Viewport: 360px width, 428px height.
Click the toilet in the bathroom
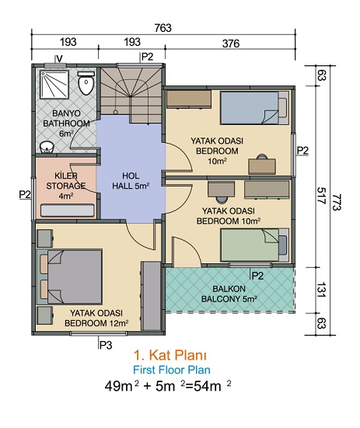pyautogui.click(x=86, y=83)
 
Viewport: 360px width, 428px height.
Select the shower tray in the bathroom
pyautogui.click(x=54, y=84)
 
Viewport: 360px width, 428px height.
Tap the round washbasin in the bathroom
pyautogui.click(x=47, y=148)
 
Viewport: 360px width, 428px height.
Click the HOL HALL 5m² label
pyautogui.click(x=131, y=181)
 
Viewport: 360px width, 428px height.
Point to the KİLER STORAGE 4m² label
pyautogui.click(x=66, y=186)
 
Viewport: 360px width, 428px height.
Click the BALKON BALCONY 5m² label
pyautogui.click(x=229, y=294)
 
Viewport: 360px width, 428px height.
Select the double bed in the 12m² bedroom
pyautogui.click(x=70, y=277)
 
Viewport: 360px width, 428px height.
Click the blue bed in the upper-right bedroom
pyautogui.click(x=254, y=108)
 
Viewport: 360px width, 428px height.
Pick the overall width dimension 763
pyautogui.click(x=163, y=28)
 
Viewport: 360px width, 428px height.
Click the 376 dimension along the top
pyautogui.click(x=231, y=43)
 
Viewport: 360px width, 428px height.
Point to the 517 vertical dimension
pyautogui.click(x=321, y=196)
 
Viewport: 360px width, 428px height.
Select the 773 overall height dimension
pyautogui.click(x=337, y=203)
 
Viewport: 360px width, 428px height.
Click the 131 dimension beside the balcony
pyautogui.click(x=321, y=290)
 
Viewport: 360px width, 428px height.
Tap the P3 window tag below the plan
pyautogui.click(x=106, y=346)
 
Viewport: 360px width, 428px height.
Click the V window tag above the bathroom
pyautogui.click(x=60, y=58)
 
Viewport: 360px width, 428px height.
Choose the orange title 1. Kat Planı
pyautogui.click(x=170, y=355)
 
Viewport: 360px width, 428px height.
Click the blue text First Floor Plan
pyautogui.click(x=172, y=371)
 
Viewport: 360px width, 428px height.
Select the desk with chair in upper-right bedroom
pyautogui.click(x=262, y=165)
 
